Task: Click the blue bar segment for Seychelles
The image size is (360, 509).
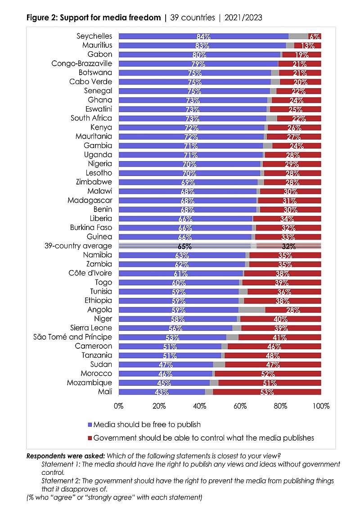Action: pyautogui.click(x=203, y=36)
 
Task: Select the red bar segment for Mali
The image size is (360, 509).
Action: pyautogui.click(x=267, y=392)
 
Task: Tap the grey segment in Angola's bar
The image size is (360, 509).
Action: pyautogui.click(x=252, y=310)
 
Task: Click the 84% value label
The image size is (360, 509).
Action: pyautogui.click(x=203, y=36)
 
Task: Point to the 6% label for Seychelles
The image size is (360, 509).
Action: pyautogui.click(x=315, y=36)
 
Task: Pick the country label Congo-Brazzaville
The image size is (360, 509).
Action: pyautogui.click(x=81, y=63)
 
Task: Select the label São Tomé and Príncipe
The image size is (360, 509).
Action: pyautogui.click(x=72, y=337)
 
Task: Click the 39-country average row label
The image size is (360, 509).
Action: pyautogui.click(x=78, y=246)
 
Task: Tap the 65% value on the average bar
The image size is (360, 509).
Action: pyautogui.click(x=184, y=246)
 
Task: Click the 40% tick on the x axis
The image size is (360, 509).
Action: pyautogui.click(x=199, y=406)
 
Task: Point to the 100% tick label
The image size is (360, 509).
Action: pyautogui.click(x=321, y=406)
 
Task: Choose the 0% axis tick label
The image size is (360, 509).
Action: pyautogui.click(x=119, y=406)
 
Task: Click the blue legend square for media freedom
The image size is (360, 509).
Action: pyautogui.click(x=90, y=425)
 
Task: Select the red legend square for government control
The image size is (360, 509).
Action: pyautogui.click(x=90, y=438)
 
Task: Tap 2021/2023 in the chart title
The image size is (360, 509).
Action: pyautogui.click(x=243, y=18)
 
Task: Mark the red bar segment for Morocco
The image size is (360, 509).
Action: pyautogui.click(x=268, y=374)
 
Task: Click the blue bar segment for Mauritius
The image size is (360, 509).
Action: pyautogui.click(x=202, y=45)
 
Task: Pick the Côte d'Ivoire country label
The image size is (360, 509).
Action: pyautogui.click(x=90, y=273)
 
